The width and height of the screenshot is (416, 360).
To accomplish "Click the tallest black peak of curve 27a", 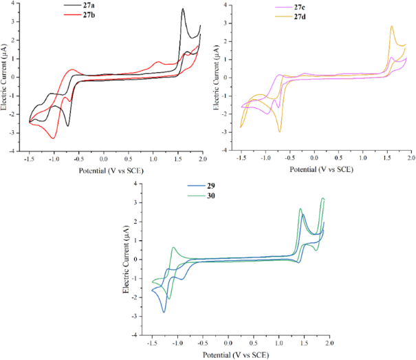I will (x=183, y=9).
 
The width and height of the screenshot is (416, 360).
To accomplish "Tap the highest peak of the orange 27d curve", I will (x=391, y=27).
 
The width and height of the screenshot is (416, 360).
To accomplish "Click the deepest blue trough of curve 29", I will (x=164, y=312).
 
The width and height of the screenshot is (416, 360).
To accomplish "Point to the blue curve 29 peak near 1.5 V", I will (x=303, y=214).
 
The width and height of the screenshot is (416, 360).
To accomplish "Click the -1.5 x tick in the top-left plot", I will (x=30, y=158).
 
